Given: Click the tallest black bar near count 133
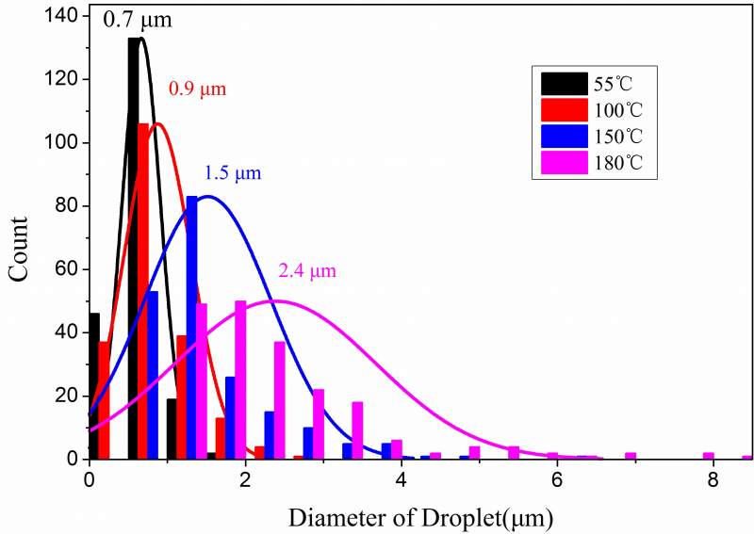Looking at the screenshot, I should tap(134, 245).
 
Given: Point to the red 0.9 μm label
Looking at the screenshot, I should tap(197, 89).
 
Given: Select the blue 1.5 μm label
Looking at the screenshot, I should tap(232, 173).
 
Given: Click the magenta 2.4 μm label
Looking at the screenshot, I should tap(307, 271).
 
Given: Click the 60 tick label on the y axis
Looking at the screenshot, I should tap(68, 269).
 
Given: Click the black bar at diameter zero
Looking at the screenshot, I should tap(93, 386).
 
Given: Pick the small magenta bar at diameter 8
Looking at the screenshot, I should tap(708, 456).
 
